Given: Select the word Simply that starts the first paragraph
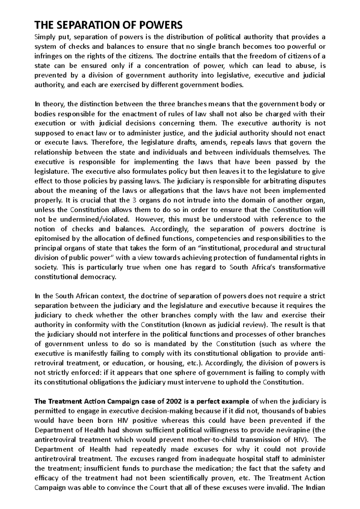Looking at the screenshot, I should [44, 37].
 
